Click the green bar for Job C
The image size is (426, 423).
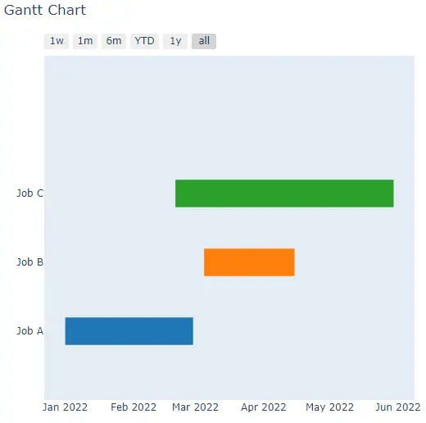point(284,193)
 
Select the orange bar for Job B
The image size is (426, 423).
point(249,262)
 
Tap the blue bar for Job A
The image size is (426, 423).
point(129,331)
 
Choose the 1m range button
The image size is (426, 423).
point(85,41)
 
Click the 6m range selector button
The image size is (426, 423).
point(114,41)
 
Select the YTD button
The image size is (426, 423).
point(144,41)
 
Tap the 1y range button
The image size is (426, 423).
point(175,41)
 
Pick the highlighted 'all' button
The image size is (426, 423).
point(204,41)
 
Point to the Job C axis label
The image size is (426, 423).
point(30,193)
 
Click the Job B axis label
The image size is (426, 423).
point(30,262)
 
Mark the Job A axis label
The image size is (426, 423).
point(30,331)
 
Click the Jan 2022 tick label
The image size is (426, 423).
point(65,407)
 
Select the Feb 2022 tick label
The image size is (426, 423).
point(134,407)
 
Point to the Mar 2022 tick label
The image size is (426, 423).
point(195,407)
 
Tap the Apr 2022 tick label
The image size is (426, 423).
point(264,407)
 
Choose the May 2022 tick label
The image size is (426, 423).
point(329,407)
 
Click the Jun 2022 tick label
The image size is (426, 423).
point(398,407)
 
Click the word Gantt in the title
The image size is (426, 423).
point(24,10)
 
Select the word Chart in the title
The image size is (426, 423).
point(67,10)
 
